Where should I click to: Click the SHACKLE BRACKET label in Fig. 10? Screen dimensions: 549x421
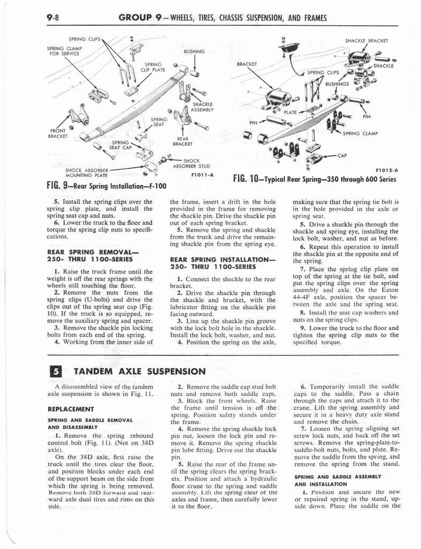coord(366,40)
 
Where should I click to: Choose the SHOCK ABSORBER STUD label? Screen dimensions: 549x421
coord(199,163)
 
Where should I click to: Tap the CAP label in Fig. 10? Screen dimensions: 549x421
coord(343,156)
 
